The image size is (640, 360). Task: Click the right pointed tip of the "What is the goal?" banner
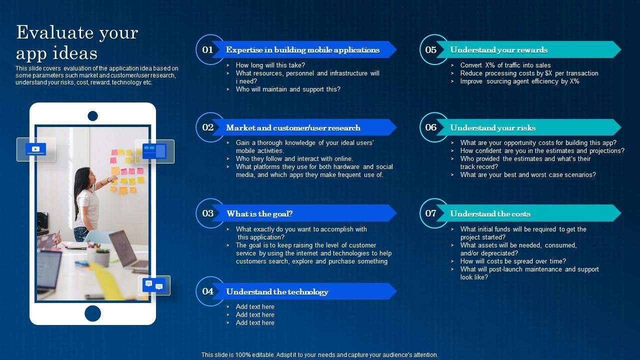(x=396, y=213)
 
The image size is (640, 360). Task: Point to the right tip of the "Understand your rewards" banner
(x=621, y=49)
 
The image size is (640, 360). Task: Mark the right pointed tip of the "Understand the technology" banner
(x=396, y=291)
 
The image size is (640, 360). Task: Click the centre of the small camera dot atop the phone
(x=92, y=116)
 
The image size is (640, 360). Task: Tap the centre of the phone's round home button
(x=92, y=313)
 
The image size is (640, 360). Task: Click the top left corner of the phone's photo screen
(x=35, y=125)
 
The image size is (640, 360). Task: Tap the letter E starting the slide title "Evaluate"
(x=22, y=32)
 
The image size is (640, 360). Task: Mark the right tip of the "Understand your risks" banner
(x=621, y=127)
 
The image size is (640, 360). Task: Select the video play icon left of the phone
(x=35, y=149)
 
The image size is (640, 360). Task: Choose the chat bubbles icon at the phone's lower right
(x=154, y=285)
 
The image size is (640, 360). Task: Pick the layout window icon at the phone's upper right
(x=154, y=151)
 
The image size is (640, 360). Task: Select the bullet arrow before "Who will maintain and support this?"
(x=228, y=89)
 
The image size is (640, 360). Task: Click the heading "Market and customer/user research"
(x=293, y=127)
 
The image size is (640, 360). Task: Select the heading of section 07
(x=490, y=213)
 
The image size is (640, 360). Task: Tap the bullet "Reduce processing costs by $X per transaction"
(x=529, y=73)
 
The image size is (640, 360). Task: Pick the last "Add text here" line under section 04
(x=255, y=322)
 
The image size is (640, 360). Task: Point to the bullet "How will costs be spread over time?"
(x=513, y=261)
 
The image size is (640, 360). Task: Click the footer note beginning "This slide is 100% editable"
(x=319, y=355)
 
